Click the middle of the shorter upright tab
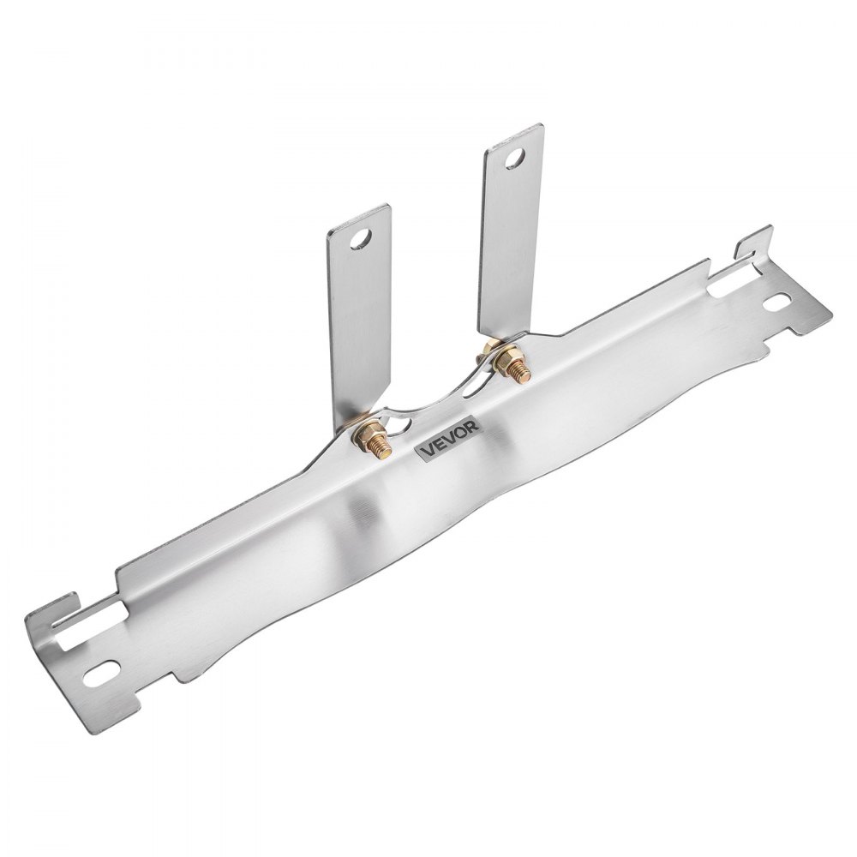(357, 317)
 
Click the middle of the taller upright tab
(512, 240)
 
